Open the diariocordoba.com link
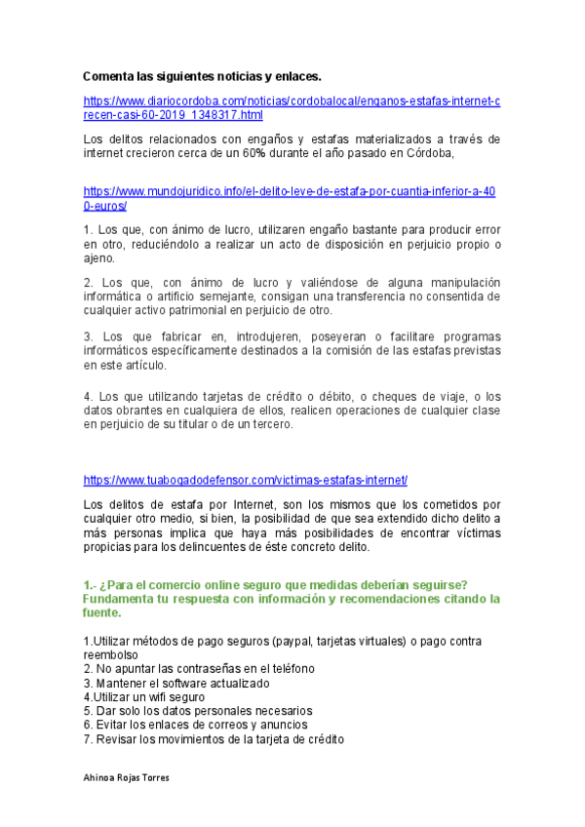pyautogui.click(x=292, y=100)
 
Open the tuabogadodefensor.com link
pyautogui.click(x=245, y=481)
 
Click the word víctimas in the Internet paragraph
pyautogui.click(x=473, y=533)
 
